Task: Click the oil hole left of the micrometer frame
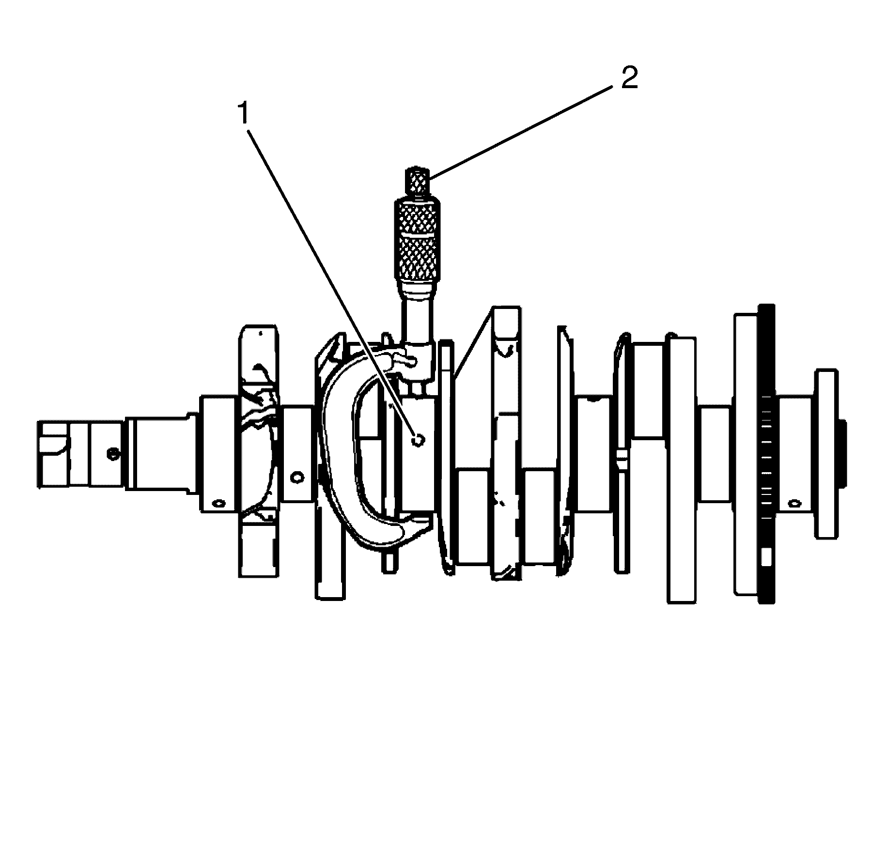pyautogui.click(x=295, y=477)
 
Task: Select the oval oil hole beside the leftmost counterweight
pyautogui.click(x=218, y=503)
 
